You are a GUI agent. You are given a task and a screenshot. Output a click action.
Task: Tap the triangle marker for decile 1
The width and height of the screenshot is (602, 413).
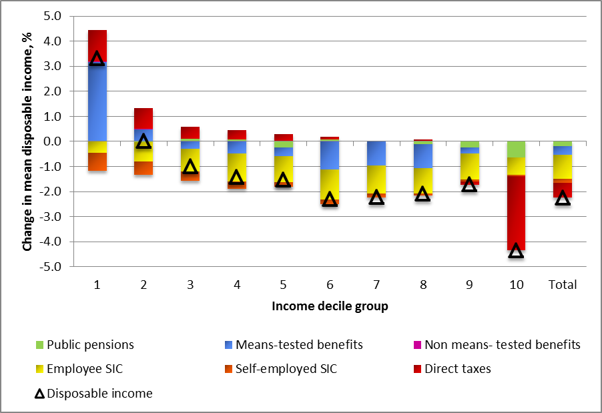97,59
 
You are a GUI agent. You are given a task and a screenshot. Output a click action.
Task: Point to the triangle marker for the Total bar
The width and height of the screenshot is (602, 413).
563,198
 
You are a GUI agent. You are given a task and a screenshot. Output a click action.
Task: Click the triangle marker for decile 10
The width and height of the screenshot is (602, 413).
516,251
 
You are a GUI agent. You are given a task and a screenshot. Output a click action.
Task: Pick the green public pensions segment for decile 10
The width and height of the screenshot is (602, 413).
516,149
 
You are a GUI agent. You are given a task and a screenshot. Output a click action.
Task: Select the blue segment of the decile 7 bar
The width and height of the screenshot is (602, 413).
376,153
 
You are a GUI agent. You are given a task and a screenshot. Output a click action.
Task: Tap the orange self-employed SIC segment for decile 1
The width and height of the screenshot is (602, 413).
97,161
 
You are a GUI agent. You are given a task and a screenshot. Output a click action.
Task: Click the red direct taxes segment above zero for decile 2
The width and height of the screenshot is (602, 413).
143,118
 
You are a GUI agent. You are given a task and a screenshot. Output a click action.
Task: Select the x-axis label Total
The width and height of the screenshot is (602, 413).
563,284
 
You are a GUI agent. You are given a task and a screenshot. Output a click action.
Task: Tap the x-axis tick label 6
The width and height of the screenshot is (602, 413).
330,284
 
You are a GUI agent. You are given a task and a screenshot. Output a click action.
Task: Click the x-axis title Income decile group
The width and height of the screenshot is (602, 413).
330,307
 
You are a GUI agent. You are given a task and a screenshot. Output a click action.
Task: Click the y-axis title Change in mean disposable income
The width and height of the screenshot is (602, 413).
27,141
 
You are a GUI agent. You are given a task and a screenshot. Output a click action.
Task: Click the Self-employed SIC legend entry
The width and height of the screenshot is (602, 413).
286,369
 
